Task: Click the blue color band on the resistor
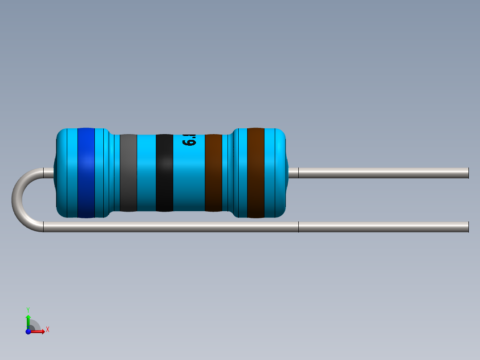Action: click(x=86, y=173)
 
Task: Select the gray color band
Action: click(x=128, y=173)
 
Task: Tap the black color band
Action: click(x=164, y=173)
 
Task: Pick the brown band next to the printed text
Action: click(x=213, y=173)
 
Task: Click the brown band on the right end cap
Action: click(x=256, y=173)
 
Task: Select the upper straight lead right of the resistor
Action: click(x=383, y=173)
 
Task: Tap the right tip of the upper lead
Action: click(x=468, y=173)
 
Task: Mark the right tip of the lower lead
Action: click(x=468, y=227)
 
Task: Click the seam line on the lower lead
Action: click(x=298, y=227)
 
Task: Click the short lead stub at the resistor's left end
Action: click(x=48, y=173)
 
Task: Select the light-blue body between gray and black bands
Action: click(x=146, y=173)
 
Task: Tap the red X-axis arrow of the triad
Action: click(x=39, y=331)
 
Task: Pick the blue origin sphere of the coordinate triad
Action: click(x=28, y=331)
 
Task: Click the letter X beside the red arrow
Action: click(x=47, y=330)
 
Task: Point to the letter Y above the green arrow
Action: click(x=28, y=309)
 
